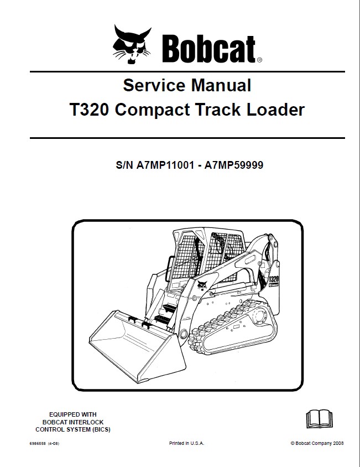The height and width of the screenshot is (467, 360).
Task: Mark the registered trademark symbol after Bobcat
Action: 259,59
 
